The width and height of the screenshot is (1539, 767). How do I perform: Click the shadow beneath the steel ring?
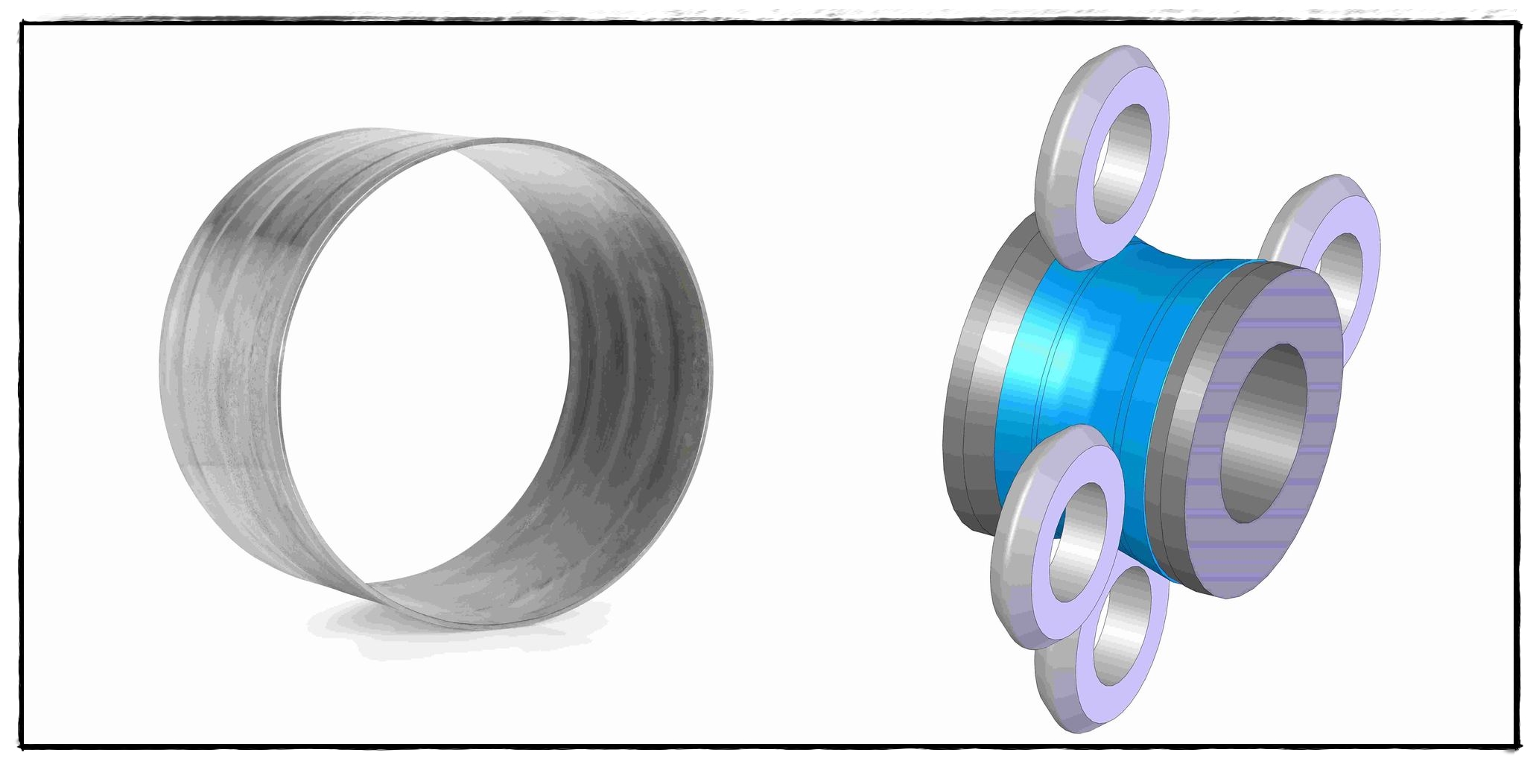point(447,634)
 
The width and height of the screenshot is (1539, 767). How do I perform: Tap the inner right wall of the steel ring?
point(633,373)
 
